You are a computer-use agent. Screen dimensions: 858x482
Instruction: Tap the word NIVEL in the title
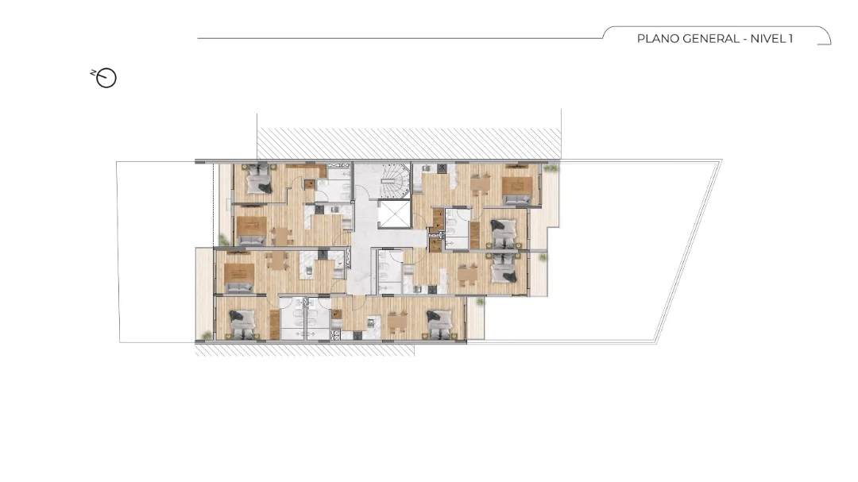click(768, 39)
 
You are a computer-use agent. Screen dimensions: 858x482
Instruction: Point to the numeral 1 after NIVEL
click(790, 39)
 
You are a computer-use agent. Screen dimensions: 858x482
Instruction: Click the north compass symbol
click(105, 78)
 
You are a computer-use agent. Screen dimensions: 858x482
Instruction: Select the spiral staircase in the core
click(394, 180)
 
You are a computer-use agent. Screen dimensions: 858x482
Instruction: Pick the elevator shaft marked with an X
click(394, 214)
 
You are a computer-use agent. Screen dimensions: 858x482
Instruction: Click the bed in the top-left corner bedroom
click(257, 179)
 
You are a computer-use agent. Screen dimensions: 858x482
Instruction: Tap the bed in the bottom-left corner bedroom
click(242, 323)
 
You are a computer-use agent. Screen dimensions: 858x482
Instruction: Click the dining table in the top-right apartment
click(481, 184)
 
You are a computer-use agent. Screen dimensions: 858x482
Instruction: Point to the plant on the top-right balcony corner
click(551, 168)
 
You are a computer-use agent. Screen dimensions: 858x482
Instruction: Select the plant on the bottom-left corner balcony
click(207, 335)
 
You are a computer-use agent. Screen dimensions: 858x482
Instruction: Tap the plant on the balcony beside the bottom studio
click(480, 302)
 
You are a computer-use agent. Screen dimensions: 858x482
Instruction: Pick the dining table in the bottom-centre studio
click(398, 322)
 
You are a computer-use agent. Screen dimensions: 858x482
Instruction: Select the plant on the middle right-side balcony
click(543, 256)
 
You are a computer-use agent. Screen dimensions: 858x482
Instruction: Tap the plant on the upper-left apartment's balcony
click(223, 239)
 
